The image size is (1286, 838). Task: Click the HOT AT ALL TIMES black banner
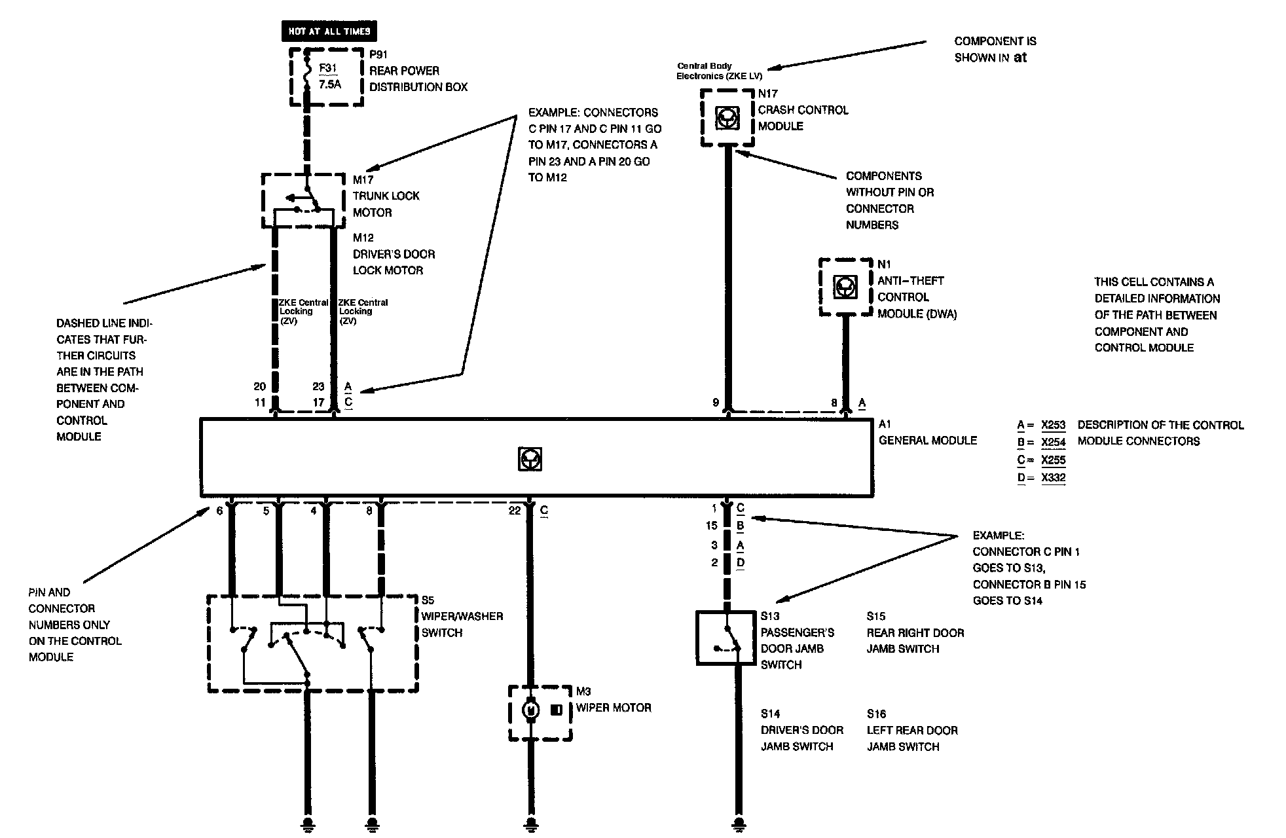click(x=329, y=31)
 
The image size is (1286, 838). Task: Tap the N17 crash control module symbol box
click(x=726, y=118)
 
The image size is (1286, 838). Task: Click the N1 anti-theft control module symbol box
click(x=845, y=287)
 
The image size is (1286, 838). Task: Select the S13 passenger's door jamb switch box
click(x=726, y=638)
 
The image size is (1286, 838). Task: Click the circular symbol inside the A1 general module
click(x=529, y=459)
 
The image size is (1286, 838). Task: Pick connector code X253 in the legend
click(x=1053, y=425)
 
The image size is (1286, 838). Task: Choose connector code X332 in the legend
click(x=1053, y=477)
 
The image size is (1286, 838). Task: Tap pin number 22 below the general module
click(x=515, y=511)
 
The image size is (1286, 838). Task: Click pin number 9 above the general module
click(x=716, y=403)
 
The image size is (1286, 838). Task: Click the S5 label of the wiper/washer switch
click(x=428, y=600)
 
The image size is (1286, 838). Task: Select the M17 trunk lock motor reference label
click(x=363, y=179)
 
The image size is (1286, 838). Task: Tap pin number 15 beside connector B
click(x=712, y=526)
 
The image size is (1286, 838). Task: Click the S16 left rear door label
click(x=876, y=714)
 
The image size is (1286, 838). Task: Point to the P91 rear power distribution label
click(x=378, y=54)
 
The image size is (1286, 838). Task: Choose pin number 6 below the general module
click(x=219, y=511)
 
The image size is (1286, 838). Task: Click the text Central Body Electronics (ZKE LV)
click(x=719, y=71)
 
